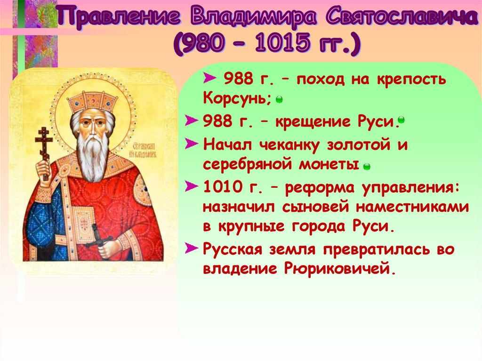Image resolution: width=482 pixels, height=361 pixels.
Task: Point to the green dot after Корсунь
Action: pyautogui.click(x=279, y=100)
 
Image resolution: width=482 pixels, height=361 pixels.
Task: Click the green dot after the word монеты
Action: pyautogui.click(x=366, y=167)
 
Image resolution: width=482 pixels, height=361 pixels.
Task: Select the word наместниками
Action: pyautogui.click(x=412, y=207)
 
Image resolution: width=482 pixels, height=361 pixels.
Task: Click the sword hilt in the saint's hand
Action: pyautogui.click(x=99, y=237)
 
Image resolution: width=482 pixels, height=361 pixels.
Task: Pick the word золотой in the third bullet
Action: pyautogui.click(x=358, y=144)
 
